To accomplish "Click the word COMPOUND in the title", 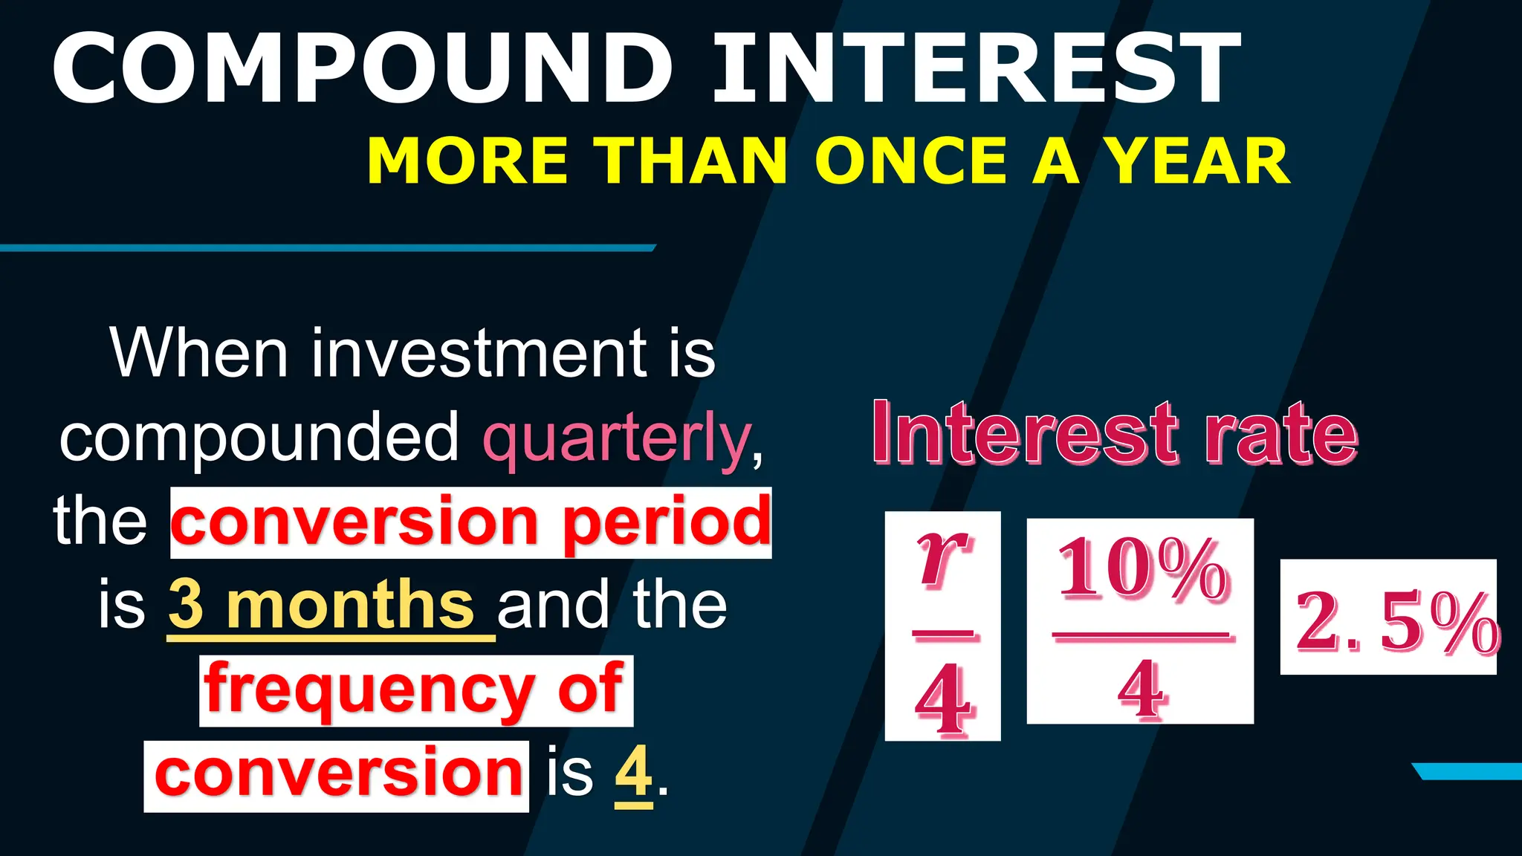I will tap(363, 68).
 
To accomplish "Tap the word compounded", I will tap(260, 438).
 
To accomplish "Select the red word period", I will tap(667, 523).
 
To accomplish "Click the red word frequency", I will tap(369, 690).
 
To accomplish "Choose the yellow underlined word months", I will tap(350, 605).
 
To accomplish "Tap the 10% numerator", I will tap(1142, 571).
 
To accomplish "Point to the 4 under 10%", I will tap(1141, 690).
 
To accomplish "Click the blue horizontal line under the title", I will tap(327, 247).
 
